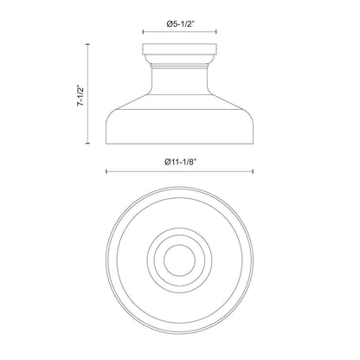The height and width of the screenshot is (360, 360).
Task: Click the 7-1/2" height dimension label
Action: point(81,95)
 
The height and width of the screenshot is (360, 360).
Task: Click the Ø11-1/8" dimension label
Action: point(180,162)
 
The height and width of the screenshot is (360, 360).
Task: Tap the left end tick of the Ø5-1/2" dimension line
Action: point(144,32)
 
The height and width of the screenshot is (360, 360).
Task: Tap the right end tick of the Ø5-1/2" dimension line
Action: point(216,32)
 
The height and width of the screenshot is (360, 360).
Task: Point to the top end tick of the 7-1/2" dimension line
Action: point(87,44)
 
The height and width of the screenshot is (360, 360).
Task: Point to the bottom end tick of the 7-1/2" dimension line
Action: point(87,143)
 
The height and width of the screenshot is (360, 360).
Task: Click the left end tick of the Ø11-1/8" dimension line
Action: point(106,171)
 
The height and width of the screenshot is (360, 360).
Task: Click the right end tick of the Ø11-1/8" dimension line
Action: point(253,171)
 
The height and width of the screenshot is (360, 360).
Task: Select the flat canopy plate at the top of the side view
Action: point(179,48)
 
